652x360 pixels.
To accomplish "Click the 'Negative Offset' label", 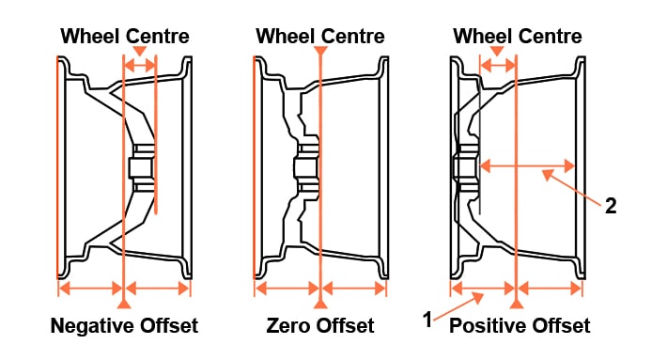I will tap(124, 326).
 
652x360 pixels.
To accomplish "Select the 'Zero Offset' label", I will tap(320, 326).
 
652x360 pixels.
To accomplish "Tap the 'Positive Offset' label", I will tap(520, 326).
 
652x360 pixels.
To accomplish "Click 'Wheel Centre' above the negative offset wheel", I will tap(125, 37).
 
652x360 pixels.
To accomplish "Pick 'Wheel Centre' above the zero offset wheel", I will tap(320, 37).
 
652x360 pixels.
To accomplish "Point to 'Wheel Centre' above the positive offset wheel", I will tap(518, 37).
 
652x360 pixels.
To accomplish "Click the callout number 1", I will tap(427, 320).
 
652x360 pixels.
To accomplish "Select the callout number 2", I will tap(611, 207).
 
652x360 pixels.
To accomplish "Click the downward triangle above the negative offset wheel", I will tap(140, 50).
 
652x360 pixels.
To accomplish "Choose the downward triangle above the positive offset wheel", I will tap(498, 50).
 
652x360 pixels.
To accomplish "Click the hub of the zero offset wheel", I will tap(304, 168).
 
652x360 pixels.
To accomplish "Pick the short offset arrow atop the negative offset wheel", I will tap(140, 66).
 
